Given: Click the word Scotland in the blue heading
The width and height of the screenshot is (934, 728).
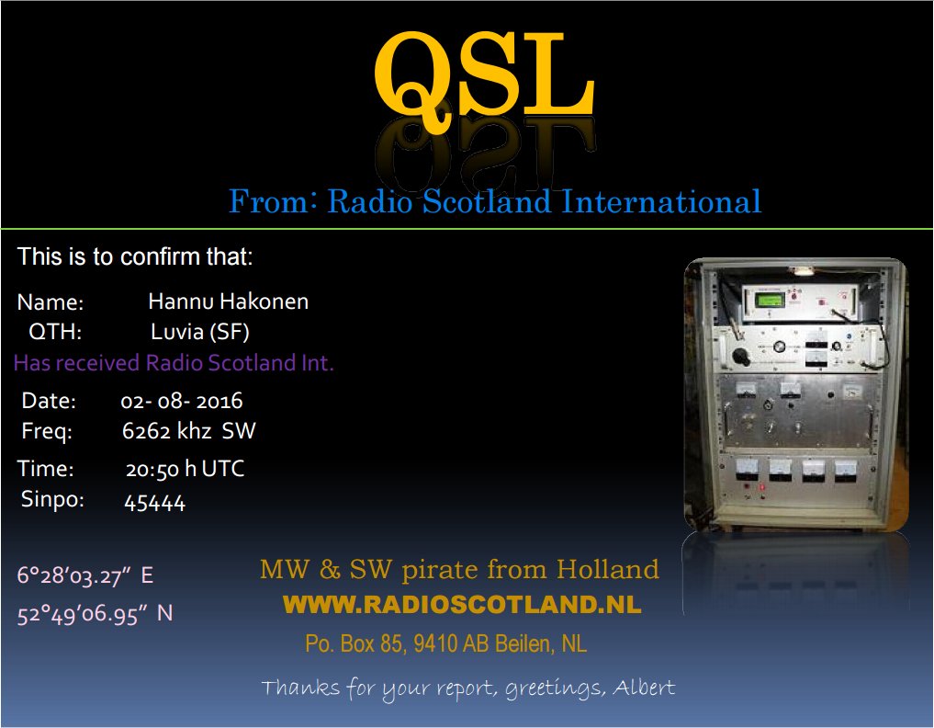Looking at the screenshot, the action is tap(488, 201).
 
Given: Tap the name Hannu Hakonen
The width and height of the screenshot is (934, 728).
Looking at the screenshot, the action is tap(228, 301).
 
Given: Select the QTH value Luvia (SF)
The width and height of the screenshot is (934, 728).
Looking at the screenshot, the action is tap(199, 332).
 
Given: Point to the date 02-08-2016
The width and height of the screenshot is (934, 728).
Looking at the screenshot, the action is tap(182, 401).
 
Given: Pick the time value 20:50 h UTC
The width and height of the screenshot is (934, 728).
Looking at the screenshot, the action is tap(185, 469).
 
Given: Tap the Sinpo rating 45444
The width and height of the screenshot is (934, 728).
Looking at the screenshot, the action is tap(155, 503).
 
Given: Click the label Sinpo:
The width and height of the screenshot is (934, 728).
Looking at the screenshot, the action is tap(52, 499).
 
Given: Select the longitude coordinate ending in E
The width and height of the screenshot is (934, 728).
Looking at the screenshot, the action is tap(85, 575).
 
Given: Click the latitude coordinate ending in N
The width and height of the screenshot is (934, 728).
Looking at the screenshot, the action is tap(95, 613).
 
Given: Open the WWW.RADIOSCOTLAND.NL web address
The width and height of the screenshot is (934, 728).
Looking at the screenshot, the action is tap(462, 605).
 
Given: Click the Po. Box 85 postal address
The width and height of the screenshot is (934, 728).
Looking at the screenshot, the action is tap(445, 644).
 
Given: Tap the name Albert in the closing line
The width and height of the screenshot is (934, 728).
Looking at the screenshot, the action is tap(644, 688).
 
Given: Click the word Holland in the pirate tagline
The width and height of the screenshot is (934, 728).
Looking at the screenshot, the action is tap(608, 569).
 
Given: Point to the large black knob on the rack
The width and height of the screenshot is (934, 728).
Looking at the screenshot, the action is tap(742, 356).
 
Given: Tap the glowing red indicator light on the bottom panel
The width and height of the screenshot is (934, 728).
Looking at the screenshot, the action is tap(762, 488).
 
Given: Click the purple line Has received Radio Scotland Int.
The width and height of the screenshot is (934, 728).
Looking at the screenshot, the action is tap(174, 363).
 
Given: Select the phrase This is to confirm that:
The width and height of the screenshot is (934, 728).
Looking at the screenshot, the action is tap(135, 257).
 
